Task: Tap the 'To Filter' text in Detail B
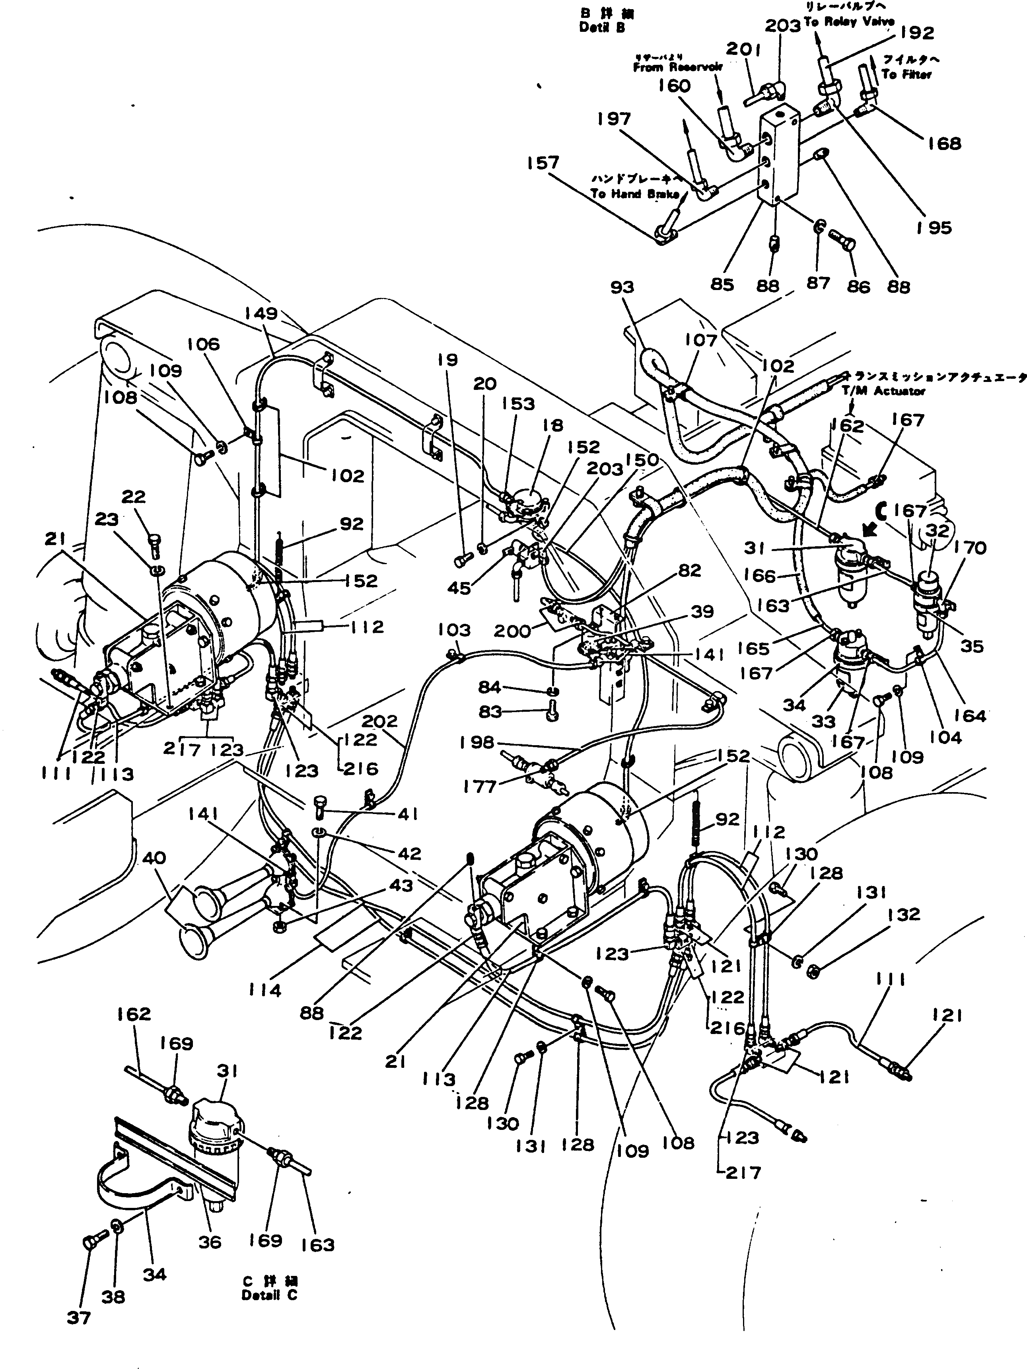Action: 906,74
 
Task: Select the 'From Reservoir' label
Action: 677,68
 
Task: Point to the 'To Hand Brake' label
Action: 635,194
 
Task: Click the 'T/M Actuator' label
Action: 883,391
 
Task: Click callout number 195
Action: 934,228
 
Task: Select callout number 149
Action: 261,314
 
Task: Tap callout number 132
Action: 904,914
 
